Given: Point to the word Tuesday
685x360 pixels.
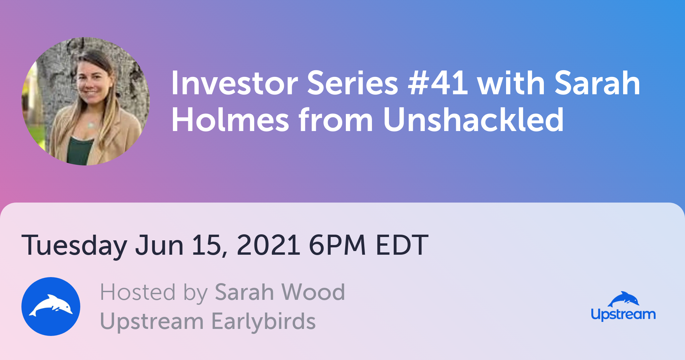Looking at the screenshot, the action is click(74, 246).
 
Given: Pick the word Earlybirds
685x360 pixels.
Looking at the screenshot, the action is click(264, 322).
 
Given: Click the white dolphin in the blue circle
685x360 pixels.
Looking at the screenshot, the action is click(51, 305).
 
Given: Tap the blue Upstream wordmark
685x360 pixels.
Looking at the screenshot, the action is click(623, 315).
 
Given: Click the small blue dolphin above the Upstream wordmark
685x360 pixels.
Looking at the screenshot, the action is click(623, 299).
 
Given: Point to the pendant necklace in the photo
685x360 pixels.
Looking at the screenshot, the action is click(90, 125).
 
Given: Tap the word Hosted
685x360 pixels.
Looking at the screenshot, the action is click(138, 292).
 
